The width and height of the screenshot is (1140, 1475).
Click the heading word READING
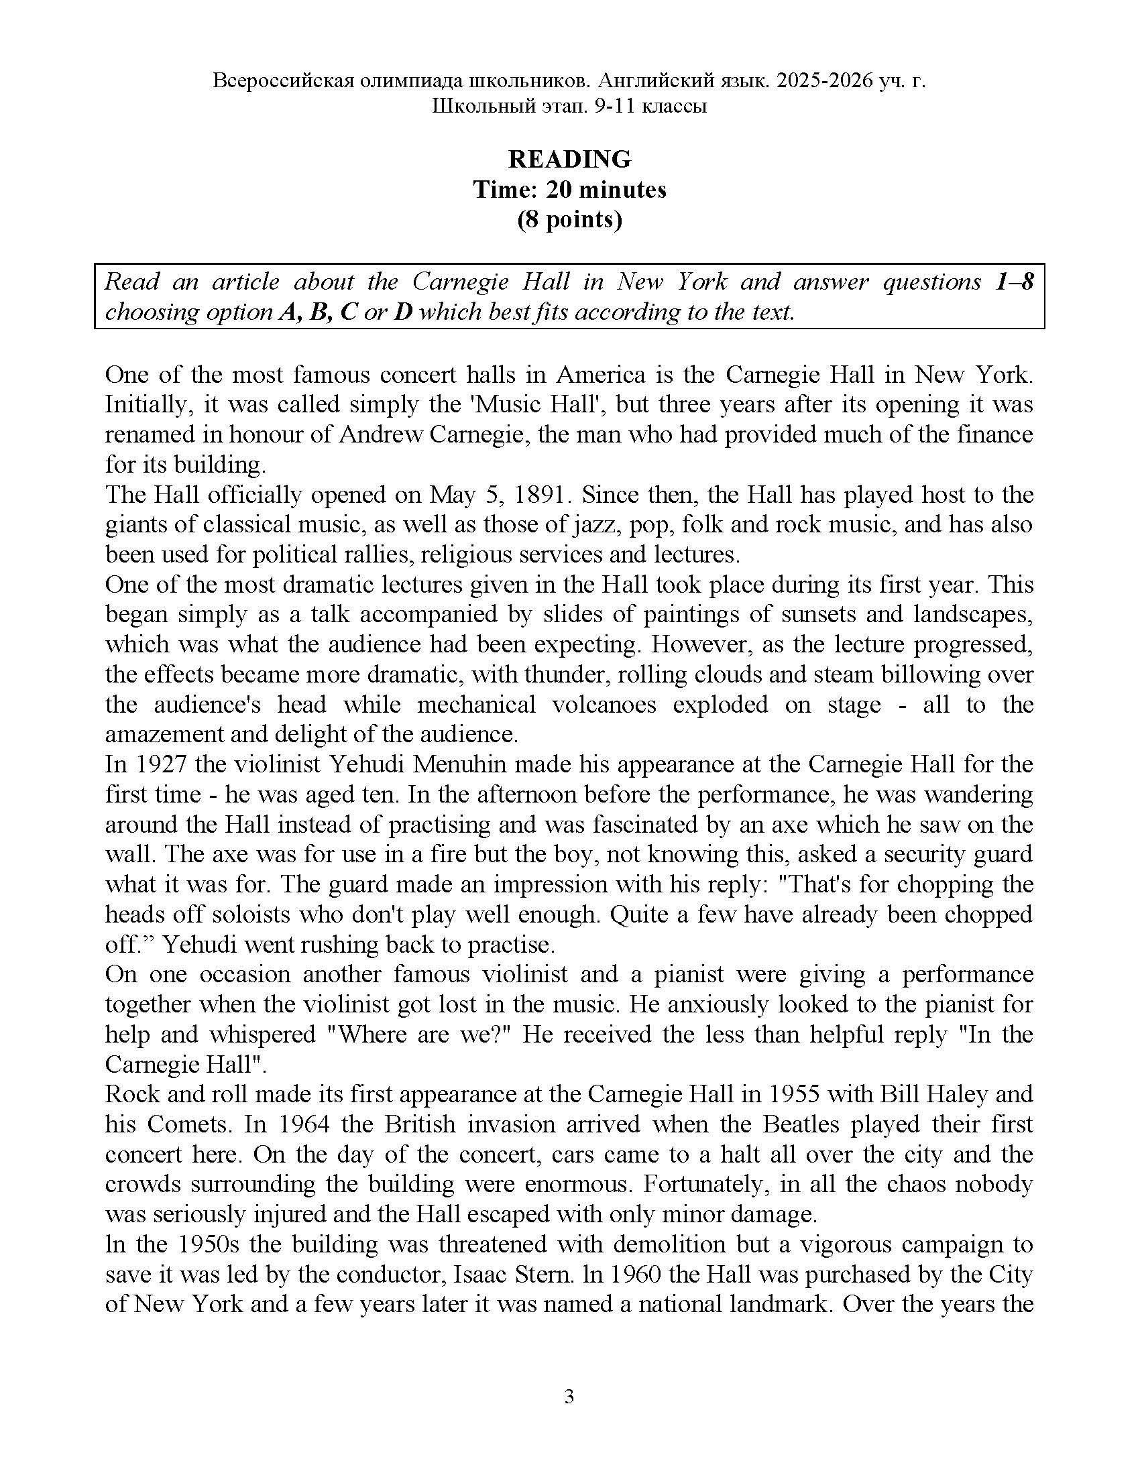(x=569, y=160)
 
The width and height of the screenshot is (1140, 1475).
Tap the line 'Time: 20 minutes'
(x=569, y=190)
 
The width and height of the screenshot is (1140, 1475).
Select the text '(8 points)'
(x=569, y=219)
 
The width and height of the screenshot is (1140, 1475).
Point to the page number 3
(x=569, y=1397)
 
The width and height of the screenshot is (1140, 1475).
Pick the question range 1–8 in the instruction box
(x=1015, y=282)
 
